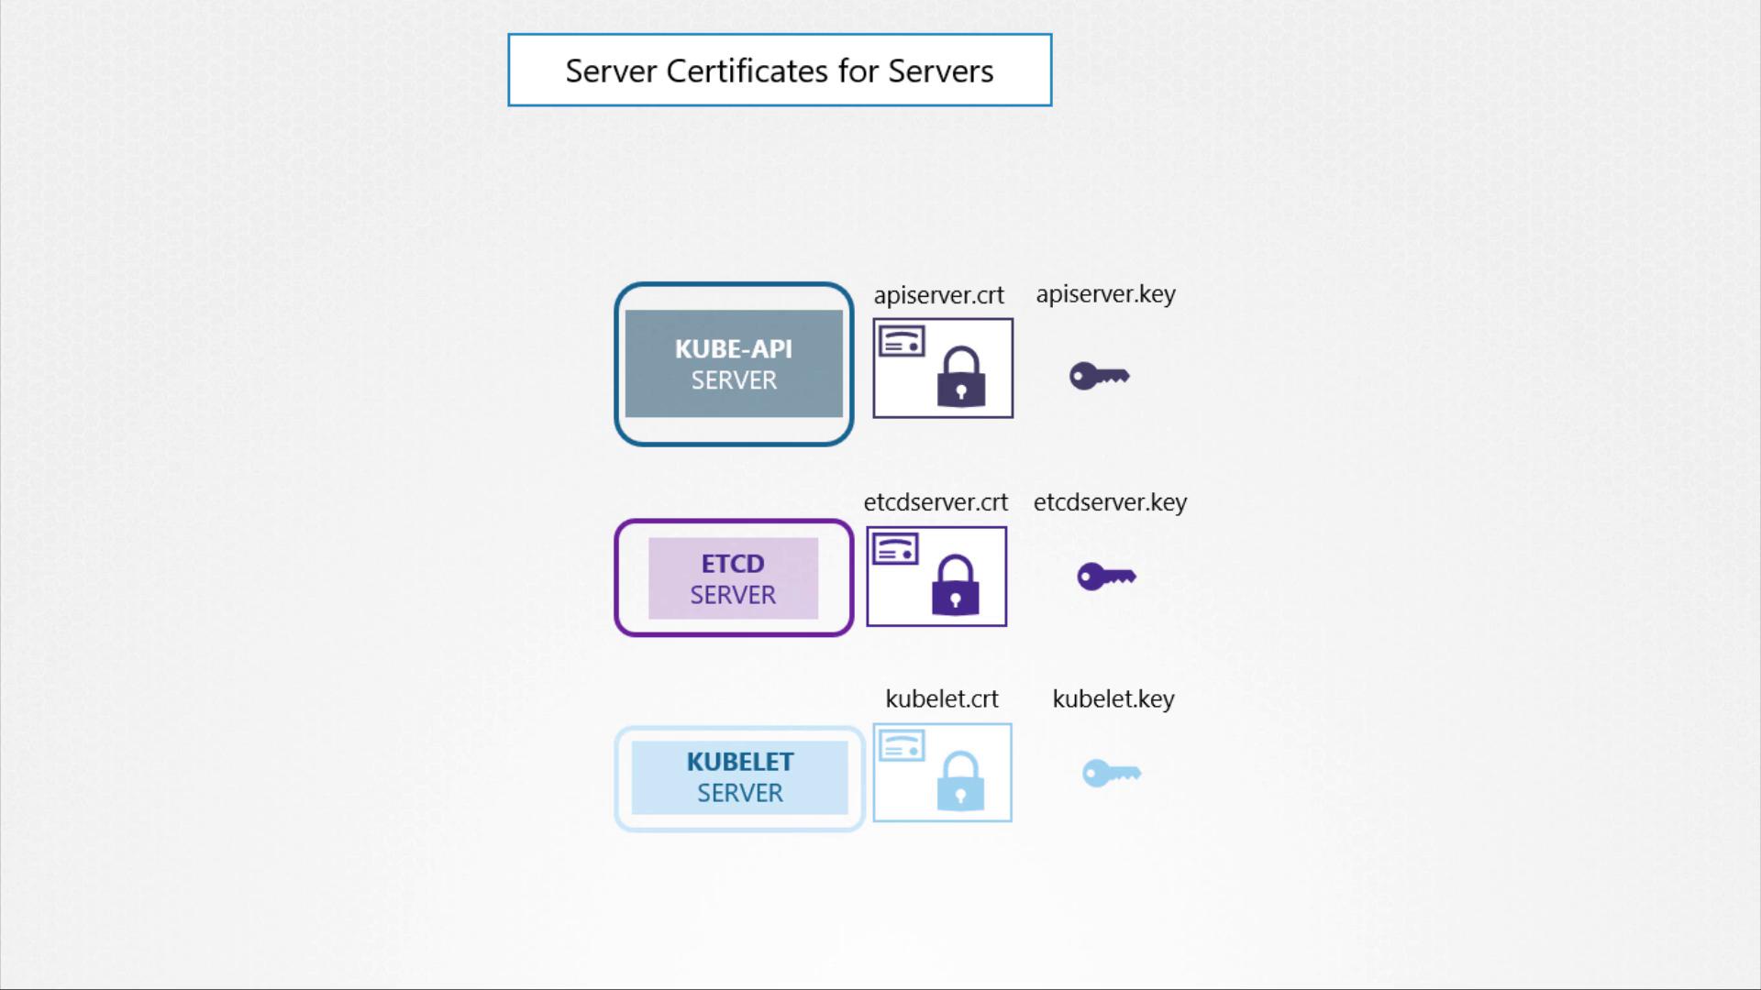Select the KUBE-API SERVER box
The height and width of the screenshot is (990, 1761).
click(734, 364)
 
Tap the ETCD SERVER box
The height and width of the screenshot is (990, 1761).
click(734, 577)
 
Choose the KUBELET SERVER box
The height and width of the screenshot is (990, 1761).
click(739, 778)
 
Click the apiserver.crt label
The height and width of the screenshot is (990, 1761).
click(938, 295)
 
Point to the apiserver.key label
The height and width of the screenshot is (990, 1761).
click(1105, 294)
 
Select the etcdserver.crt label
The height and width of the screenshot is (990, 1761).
click(936, 502)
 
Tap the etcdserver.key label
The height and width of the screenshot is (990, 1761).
click(1110, 502)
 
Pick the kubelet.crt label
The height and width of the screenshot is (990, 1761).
click(942, 698)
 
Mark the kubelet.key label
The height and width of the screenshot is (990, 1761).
click(1113, 698)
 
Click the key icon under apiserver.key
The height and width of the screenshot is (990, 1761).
click(1100, 376)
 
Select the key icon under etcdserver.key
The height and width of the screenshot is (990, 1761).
click(1106, 577)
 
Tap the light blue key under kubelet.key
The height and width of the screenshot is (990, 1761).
click(1112, 774)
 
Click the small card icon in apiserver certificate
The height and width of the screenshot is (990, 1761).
click(902, 342)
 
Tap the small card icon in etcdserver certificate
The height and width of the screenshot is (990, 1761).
click(895, 549)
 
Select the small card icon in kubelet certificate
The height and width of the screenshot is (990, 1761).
click(902, 746)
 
